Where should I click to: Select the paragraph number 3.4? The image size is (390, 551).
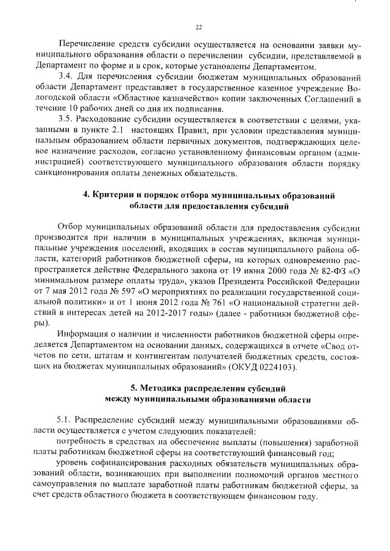(65, 77)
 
